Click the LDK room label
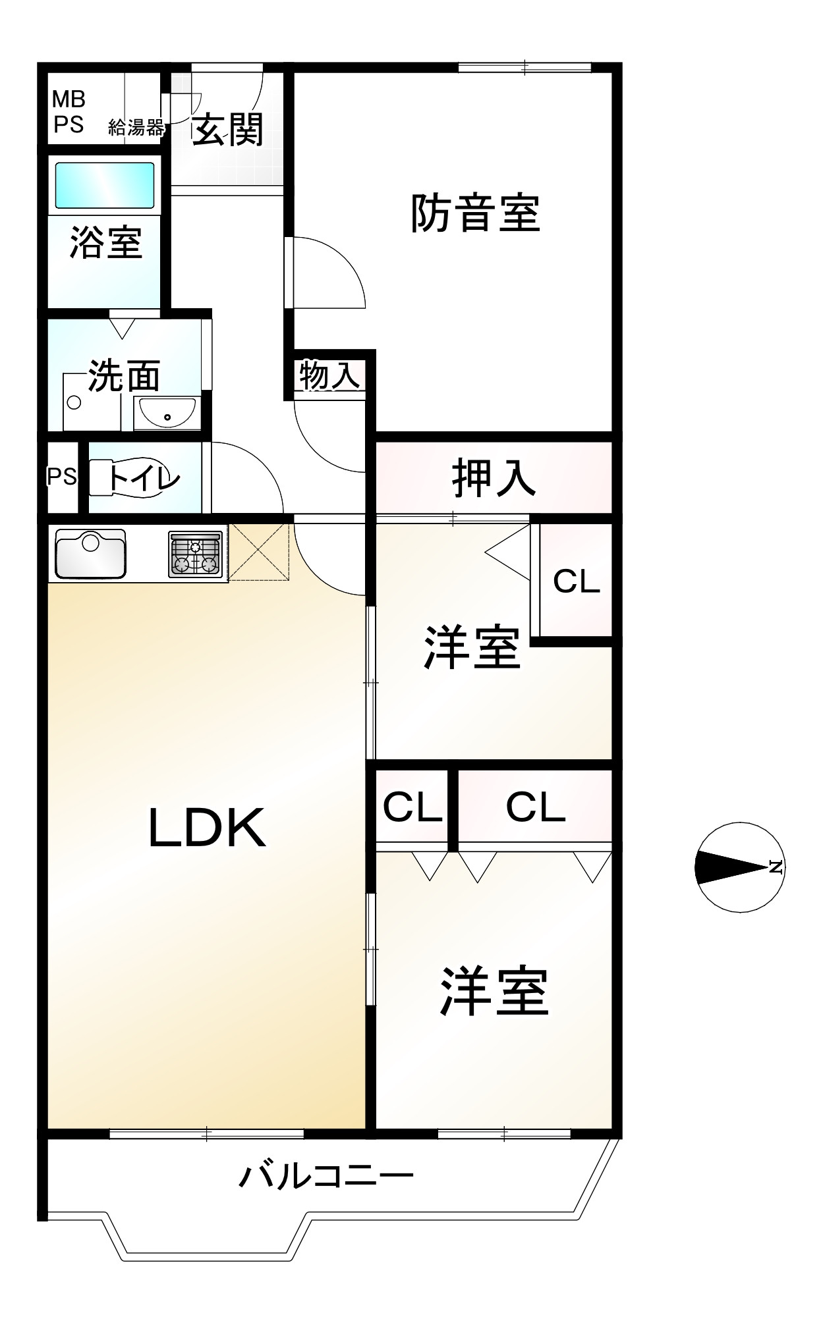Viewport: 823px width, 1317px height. (208, 828)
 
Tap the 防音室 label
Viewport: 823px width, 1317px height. (475, 213)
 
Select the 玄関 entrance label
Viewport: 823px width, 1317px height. (228, 129)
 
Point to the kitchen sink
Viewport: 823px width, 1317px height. (90, 553)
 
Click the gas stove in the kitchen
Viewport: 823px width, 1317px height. (196, 554)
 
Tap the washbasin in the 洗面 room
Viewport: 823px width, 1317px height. (167, 414)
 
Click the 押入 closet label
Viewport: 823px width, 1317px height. (494, 478)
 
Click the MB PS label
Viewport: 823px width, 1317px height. (69, 112)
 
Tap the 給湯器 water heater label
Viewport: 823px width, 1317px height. (136, 127)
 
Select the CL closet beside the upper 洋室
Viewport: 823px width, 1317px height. (577, 581)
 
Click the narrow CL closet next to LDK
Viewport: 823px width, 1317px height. (412, 807)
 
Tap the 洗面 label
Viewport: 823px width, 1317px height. (125, 376)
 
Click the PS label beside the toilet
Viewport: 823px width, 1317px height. (62, 476)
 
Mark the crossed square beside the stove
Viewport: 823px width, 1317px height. (259, 552)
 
